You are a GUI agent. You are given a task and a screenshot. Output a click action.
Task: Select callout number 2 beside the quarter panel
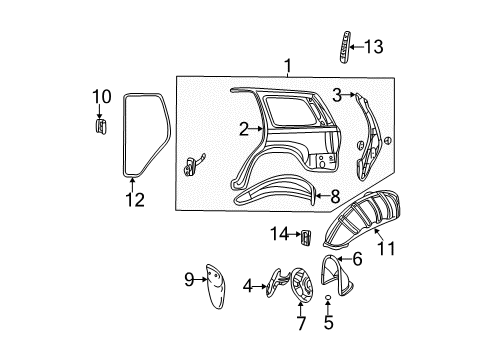(243, 129)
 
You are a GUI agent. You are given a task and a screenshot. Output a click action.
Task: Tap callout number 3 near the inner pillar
(338, 95)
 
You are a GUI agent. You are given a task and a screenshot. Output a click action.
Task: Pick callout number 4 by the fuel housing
(247, 286)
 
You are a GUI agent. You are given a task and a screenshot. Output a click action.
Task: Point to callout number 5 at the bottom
(329, 324)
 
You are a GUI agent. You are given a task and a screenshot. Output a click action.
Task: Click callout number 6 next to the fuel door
(356, 259)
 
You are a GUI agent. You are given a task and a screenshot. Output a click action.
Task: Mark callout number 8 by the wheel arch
(334, 196)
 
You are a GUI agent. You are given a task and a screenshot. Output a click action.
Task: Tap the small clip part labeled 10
(100, 127)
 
